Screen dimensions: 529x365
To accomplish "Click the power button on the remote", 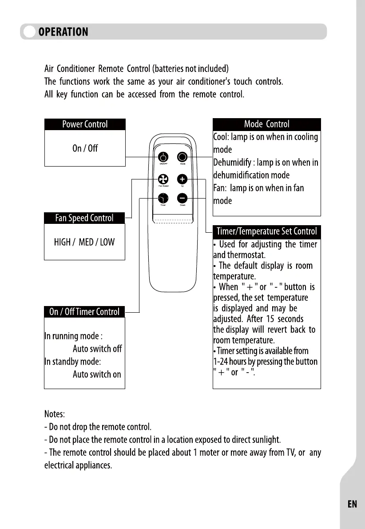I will click(163, 157).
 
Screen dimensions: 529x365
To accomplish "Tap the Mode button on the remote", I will click(182, 157).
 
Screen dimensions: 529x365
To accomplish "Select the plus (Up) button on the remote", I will click(182, 179).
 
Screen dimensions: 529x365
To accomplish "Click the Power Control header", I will click(85, 124).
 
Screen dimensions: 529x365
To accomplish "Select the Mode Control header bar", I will click(266, 124).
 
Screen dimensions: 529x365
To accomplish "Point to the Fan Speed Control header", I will click(84, 218).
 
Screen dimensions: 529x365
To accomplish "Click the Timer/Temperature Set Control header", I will click(266, 231).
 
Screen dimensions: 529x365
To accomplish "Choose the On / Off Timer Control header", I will click(84, 312).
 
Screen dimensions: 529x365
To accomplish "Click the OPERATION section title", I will click(63, 32).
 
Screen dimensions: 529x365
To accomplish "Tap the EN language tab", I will click(352, 504).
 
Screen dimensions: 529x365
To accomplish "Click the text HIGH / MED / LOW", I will click(84, 243).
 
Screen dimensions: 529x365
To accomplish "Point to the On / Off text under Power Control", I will click(85, 148).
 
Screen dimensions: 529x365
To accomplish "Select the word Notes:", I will click(55, 414).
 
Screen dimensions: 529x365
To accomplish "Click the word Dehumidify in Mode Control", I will click(232, 163).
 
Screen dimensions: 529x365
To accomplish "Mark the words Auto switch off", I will click(97, 349).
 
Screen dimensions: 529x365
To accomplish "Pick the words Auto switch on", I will click(97, 374).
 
